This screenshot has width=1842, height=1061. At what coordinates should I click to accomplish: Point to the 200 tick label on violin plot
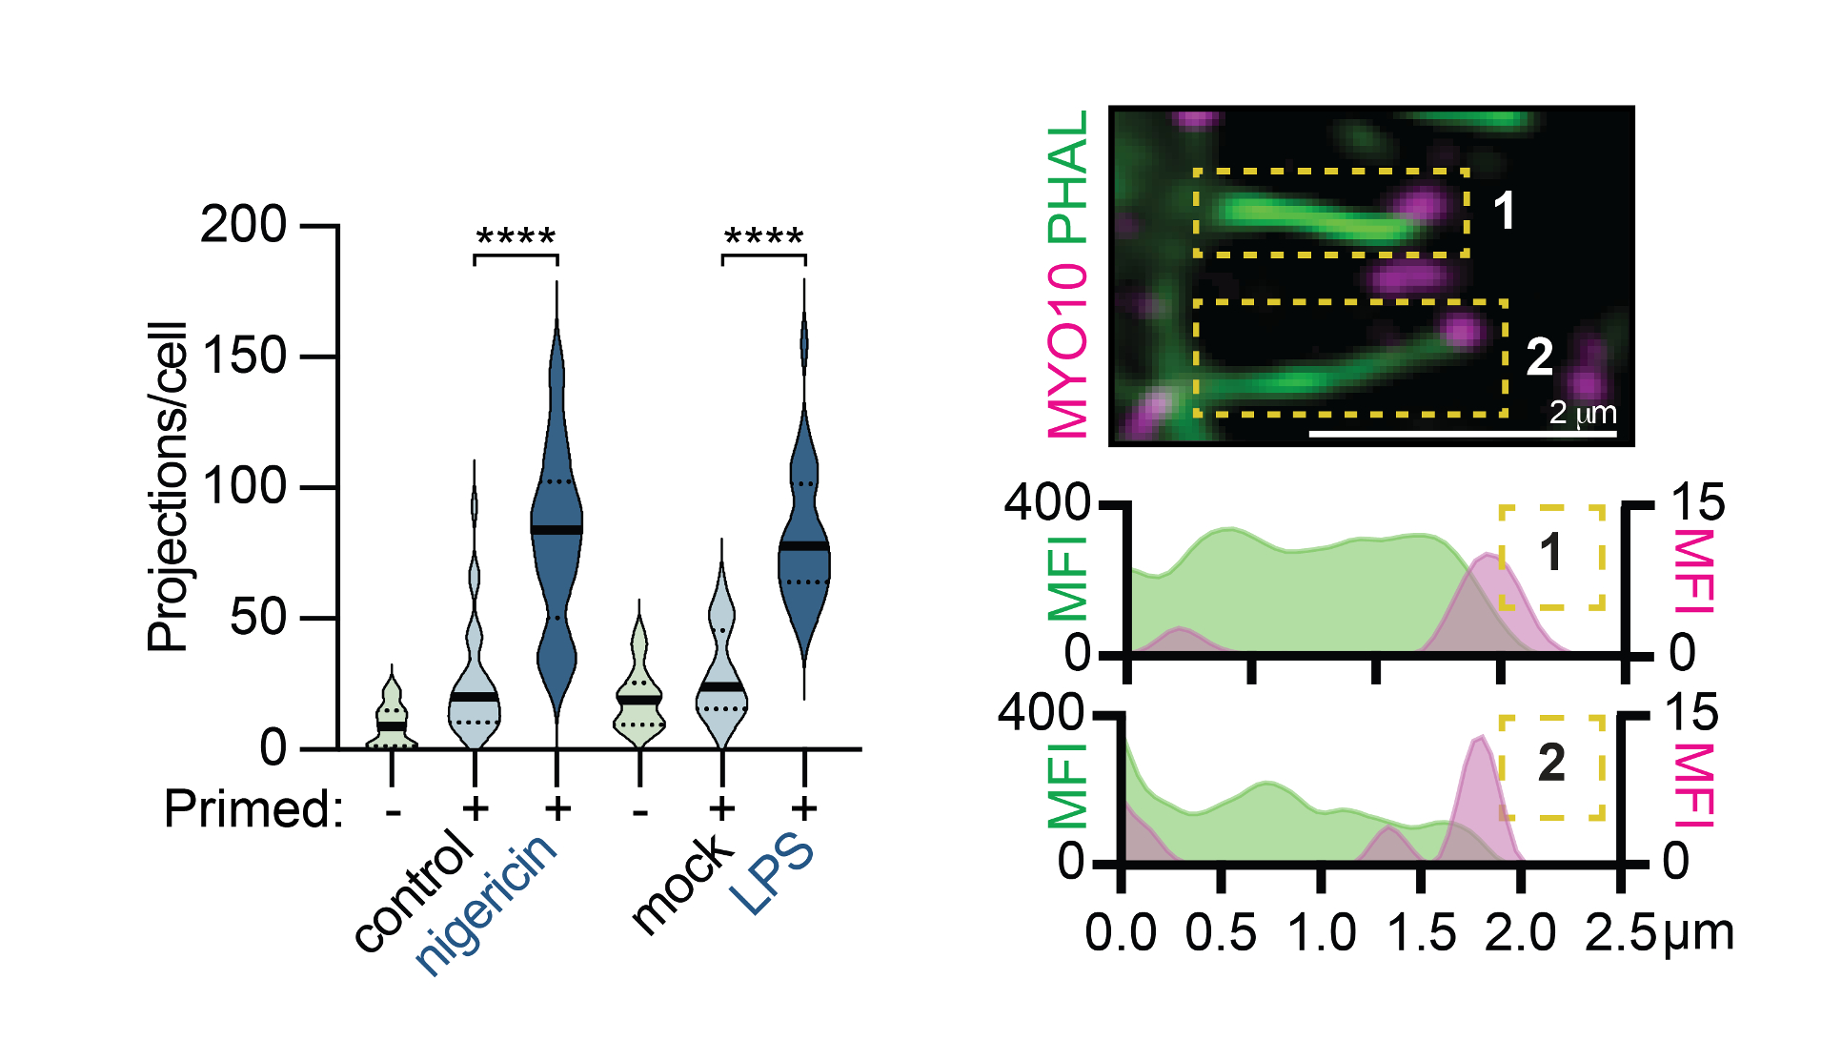243,226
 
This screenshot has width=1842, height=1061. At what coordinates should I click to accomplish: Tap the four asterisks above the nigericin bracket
516,237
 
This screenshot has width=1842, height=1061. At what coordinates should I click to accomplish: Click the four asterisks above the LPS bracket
764,237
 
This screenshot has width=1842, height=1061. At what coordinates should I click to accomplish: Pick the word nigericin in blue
487,903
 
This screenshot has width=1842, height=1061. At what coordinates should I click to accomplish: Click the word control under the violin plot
414,890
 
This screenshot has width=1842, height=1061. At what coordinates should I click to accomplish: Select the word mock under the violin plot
682,884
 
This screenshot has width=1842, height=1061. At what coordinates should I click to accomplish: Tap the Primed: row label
253,809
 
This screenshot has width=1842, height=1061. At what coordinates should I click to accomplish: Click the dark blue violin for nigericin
557,534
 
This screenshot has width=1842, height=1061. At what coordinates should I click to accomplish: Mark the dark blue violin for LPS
804,543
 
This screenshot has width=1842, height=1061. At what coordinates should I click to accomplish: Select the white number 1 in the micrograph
1505,211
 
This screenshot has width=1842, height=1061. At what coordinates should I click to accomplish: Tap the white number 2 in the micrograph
1539,357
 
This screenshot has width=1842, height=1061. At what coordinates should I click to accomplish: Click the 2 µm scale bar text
1583,413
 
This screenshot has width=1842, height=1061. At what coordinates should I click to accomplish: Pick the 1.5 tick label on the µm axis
1421,932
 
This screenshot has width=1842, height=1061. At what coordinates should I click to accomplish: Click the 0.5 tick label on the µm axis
1221,932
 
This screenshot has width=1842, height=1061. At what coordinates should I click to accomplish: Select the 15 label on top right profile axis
1697,502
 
